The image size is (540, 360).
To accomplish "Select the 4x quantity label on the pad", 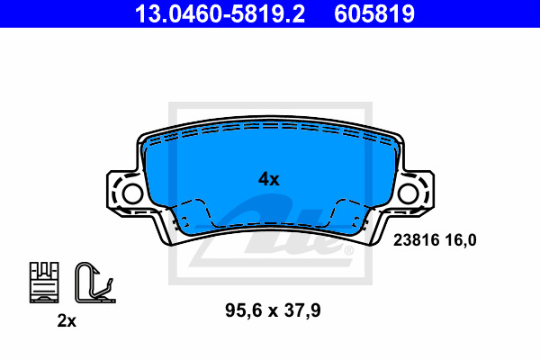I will coord(268,179).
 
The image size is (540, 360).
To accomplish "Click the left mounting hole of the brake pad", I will coord(130,193).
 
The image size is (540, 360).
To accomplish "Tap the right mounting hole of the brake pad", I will coord(411,193).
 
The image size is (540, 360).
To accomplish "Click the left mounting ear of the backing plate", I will coord(122,192).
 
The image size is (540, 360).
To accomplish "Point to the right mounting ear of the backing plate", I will coord(419,192).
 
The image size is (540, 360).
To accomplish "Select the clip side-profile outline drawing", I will coord(90,281).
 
